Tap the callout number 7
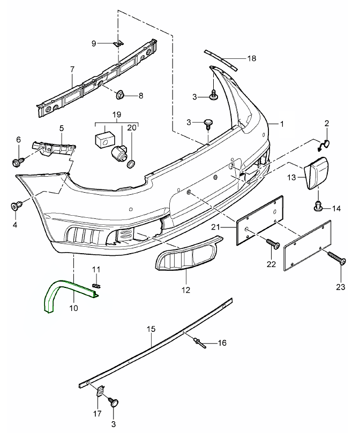(x=72, y=69)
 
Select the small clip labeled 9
(x=119, y=43)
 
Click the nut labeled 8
(x=121, y=96)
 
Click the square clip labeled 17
(x=101, y=393)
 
